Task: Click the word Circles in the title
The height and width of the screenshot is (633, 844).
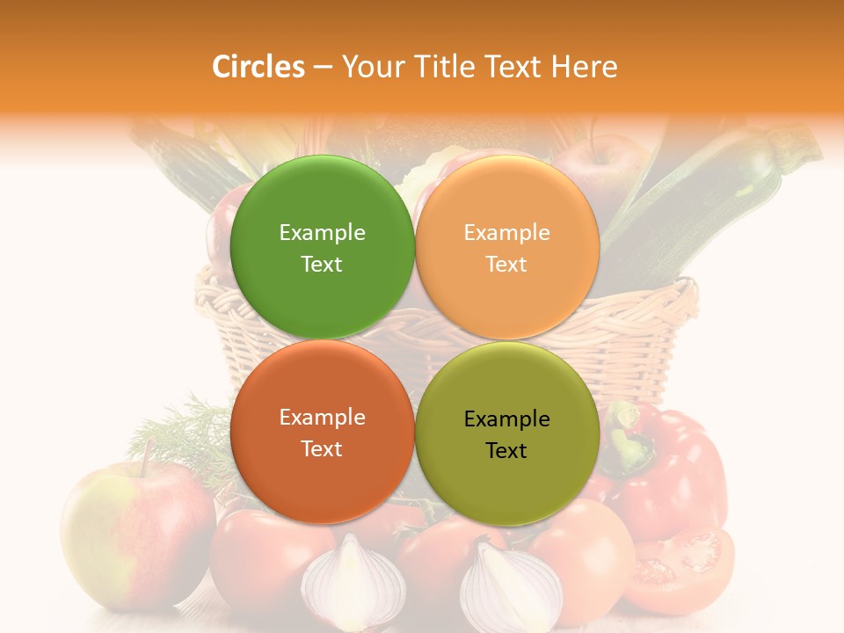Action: (x=258, y=67)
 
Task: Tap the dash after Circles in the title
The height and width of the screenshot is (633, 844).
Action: (x=323, y=68)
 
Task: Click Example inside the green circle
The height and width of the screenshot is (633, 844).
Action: (x=322, y=232)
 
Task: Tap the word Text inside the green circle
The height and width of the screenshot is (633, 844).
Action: (x=322, y=264)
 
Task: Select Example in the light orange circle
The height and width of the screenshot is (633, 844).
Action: (x=506, y=232)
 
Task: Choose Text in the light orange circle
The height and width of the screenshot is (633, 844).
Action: (x=506, y=264)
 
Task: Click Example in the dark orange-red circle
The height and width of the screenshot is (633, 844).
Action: (x=322, y=417)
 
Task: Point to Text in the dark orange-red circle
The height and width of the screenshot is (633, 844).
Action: (x=322, y=448)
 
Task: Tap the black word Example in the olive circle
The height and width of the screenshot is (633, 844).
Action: (x=506, y=418)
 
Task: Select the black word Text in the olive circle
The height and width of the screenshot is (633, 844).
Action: (x=506, y=450)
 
